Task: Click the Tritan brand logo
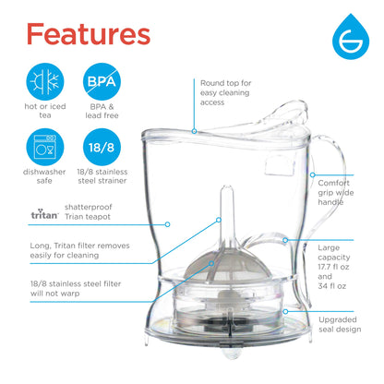click(43, 214)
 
